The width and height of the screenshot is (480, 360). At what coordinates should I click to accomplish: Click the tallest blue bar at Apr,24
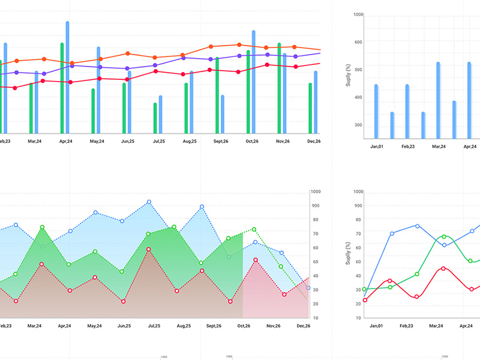(x=67, y=78)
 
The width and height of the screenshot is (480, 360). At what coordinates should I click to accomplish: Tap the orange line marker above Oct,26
(x=239, y=45)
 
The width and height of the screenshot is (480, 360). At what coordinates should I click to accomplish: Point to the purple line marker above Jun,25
(x=127, y=68)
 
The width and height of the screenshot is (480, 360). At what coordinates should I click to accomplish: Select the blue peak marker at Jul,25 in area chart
(x=149, y=202)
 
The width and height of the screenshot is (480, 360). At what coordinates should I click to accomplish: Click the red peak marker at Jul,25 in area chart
(x=148, y=249)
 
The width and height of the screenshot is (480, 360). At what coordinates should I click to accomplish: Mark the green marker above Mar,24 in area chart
(x=42, y=227)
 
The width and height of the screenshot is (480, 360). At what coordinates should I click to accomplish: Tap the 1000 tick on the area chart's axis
(x=316, y=192)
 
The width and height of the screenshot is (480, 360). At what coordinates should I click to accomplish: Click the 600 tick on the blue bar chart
(x=358, y=42)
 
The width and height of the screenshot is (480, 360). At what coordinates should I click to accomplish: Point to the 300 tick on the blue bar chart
(x=358, y=125)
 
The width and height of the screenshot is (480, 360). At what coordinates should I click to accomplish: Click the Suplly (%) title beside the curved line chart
(x=348, y=254)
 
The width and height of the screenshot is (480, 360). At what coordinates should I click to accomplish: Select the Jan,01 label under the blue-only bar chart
(x=377, y=146)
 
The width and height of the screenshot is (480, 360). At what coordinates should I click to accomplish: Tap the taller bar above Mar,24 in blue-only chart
(x=438, y=100)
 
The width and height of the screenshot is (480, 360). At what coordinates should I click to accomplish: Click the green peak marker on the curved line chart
(x=443, y=237)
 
